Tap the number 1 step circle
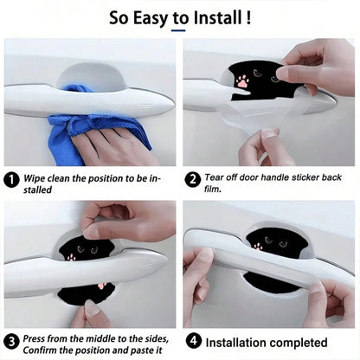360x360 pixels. click(11, 180)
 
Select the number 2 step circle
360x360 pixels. click(193, 180)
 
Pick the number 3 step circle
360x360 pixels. click(11, 342)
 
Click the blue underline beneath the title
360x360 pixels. click(178, 30)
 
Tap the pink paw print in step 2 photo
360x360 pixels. click(242, 81)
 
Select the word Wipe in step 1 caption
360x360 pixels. click(35, 178)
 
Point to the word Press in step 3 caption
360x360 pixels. click(33, 338)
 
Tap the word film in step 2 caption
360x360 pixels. click(212, 189)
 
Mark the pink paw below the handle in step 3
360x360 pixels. click(102, 286)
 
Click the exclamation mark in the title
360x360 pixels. click(248, 18)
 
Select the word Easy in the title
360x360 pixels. click(151, 18)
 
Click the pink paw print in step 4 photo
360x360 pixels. click(258, 247)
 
